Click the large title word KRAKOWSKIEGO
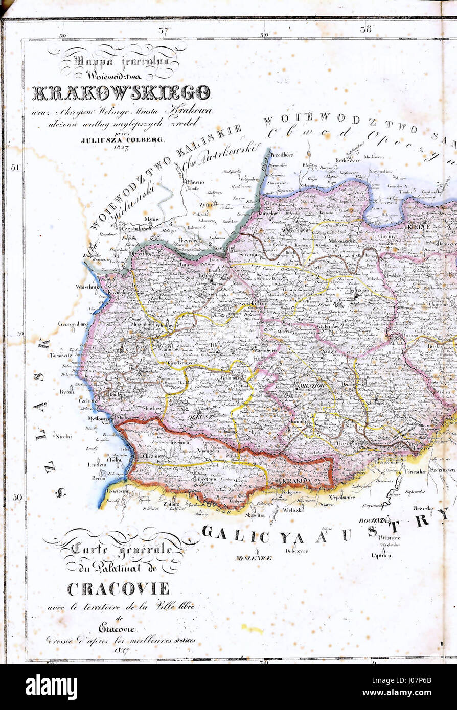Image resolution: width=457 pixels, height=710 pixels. pos(121,92)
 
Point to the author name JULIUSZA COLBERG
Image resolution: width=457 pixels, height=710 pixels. pos(122,139)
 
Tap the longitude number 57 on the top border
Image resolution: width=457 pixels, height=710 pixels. pos(163,30)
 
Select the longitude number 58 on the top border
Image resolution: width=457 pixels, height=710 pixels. pos(365,29)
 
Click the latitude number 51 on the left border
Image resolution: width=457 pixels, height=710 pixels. pos(15,167)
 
